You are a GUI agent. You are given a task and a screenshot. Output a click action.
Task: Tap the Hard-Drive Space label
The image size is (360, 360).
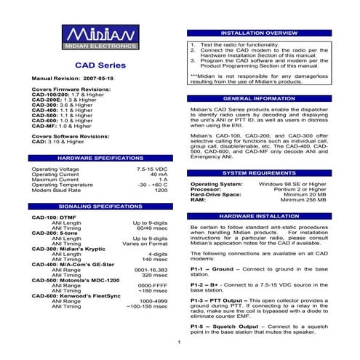point(215,194)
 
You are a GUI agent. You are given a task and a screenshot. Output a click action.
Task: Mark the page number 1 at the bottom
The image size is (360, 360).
point(179,343)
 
